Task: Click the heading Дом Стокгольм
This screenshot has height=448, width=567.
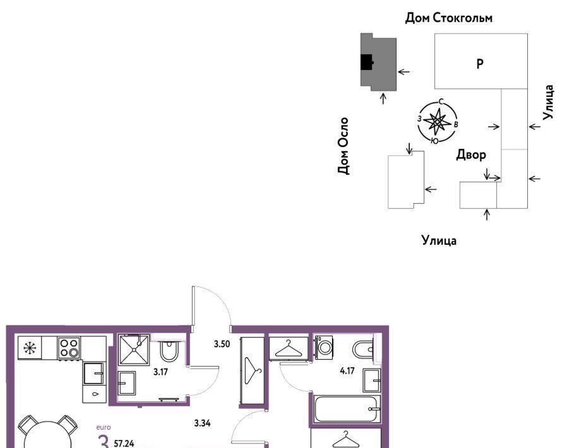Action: [448, 18]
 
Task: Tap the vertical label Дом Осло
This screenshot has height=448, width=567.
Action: [343, 146]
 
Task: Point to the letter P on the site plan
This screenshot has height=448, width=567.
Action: [480, 64]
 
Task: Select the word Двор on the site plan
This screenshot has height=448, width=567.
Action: [471, 155]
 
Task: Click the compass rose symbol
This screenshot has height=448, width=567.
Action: [438, 122]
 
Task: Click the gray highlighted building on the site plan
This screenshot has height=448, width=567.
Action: [378, 62]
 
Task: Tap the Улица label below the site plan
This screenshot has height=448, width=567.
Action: [439, 240]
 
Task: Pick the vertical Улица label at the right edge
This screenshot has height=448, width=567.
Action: [548, 102]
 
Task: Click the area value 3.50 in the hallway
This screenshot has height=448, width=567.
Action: [222, 344]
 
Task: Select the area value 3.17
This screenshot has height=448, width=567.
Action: [160, 372]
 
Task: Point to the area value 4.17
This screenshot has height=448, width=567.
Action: [347, 370]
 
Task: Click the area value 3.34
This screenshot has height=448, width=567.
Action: [202, 423]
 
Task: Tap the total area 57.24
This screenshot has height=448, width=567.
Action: [124, 444]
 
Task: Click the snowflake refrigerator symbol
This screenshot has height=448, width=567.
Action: [30, 348]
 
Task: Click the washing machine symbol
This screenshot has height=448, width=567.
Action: [324, 347]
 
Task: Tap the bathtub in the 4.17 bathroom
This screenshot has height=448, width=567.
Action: [347, 409]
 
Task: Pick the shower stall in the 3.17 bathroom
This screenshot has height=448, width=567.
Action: [134, 350]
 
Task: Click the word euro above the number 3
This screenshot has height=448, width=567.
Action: [104, 427]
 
